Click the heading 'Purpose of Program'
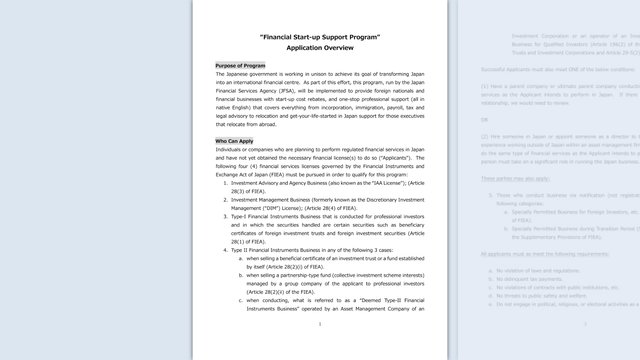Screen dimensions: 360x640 click(x=240, y=66)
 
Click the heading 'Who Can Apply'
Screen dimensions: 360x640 click(x=234, y=141)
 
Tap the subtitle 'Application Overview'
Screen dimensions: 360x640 click(x=320, y=48)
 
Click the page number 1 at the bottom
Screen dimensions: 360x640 click(x=320, y=324)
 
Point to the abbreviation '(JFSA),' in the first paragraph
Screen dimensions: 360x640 click(x=287, y=91)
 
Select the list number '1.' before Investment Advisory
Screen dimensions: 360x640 click(x=226, y=183)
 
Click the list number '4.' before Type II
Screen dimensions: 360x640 click(x=226, y=250)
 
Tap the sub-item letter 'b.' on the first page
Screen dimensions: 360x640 click(x=241, y=275)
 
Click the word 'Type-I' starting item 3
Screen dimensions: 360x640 click(x=238, y=217)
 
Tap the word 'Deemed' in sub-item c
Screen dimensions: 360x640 click(x=371, y=300)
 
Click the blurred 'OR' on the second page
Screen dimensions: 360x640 click(x=484, y=120)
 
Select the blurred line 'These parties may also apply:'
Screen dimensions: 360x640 click(x=515, y=179)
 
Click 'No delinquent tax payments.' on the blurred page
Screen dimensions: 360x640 click(x=529, y=279)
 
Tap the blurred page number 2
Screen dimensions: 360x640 click(x=585, y=324)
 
